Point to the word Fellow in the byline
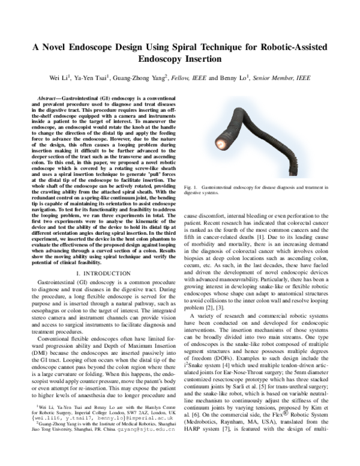pos(184,77)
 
